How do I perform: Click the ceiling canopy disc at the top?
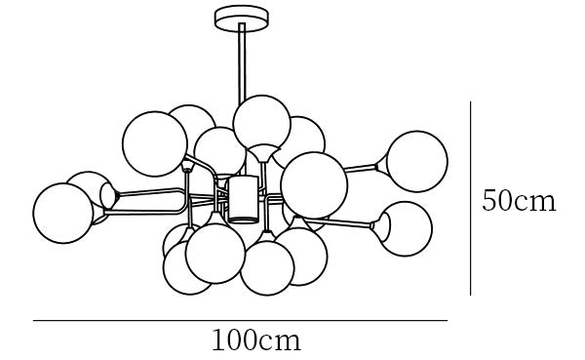pyautogui.click(x=242, y=19)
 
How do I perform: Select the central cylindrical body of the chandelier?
pyautogui.click(x=243, y=199)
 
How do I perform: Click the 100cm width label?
pyautogui.click(x=255, y=340)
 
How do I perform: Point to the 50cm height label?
pyautogui.click(x=519, y=201)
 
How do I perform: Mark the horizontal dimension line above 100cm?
pyautogui.click(x=240, y=320)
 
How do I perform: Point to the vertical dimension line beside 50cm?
pyautogui.click(x=471, y=198)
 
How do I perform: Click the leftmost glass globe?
pyautogui.click(x=62, y=214)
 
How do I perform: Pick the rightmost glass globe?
pyautogui.click(x=417, y=161)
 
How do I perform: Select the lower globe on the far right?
pyautogui.click(x=406, y=228)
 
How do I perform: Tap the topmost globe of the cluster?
pyautogui.click(x=261, y=124)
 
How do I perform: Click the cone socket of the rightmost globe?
pyautogui.click(x=381, y=166)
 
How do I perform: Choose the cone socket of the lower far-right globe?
pyautogui.click(x=380, y=225)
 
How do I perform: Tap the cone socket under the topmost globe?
pyautogui.click(x=264, y=153)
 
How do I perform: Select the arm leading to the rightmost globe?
pyautogui.click(x=359, y=169)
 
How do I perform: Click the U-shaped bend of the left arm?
pyautogui.click(x=183, y=201)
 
